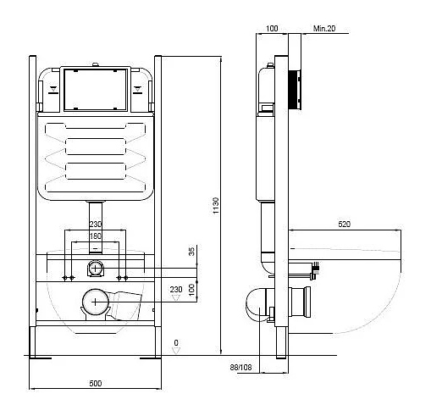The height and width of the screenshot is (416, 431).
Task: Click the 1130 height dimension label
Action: [216, 206]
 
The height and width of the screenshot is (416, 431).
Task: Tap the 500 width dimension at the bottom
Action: [96, 383]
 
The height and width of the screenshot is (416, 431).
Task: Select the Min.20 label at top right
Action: [324, 28]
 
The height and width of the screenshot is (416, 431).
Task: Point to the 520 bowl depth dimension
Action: [344, 225]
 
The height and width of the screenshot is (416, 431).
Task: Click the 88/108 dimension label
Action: [240, 367]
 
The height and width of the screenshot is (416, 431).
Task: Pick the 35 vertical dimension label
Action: [191, 252]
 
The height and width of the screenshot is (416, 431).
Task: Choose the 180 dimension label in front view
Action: [96, 236]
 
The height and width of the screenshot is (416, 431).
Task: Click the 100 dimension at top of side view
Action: [272, 28]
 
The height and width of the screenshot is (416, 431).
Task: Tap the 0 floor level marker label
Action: [176, 343]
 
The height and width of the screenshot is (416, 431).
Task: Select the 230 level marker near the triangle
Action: [176, 290]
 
